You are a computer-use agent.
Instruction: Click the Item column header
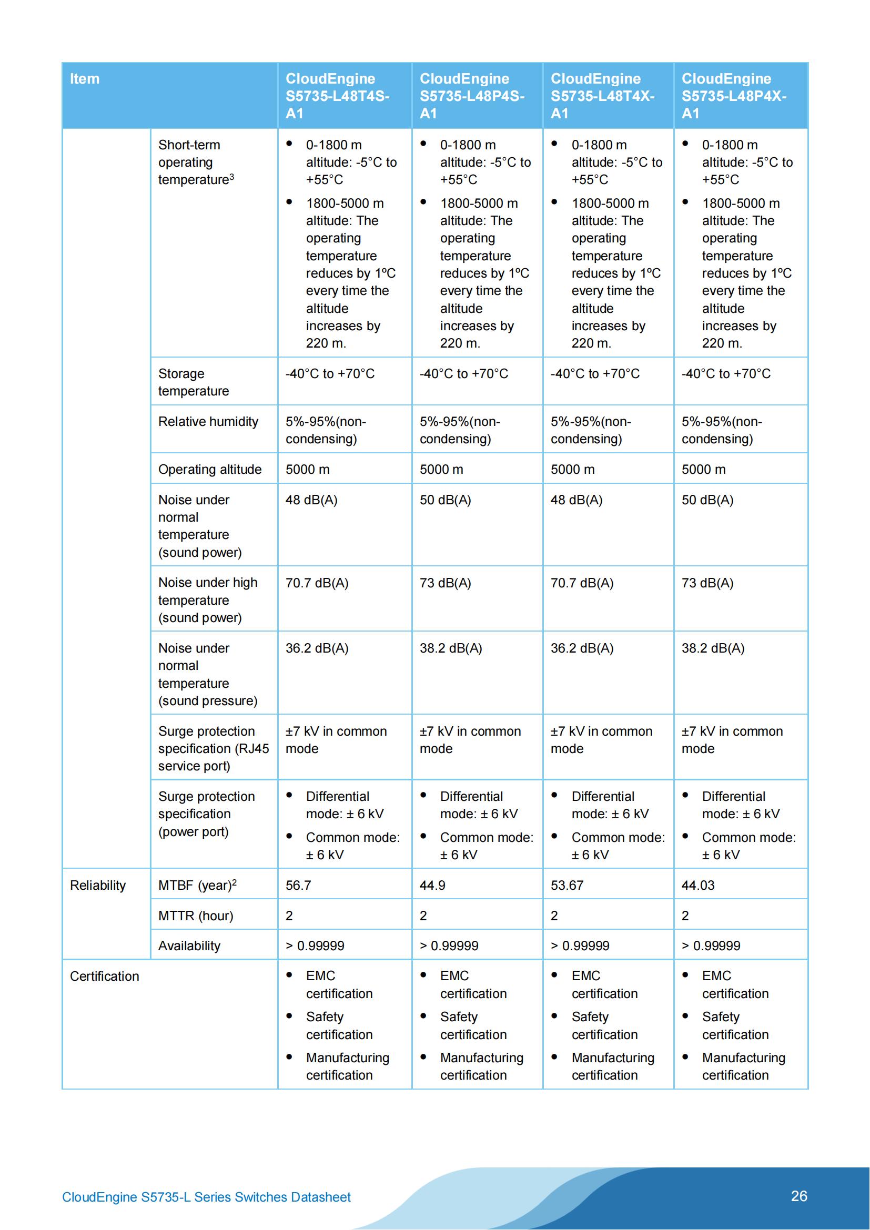[x=85, y=79]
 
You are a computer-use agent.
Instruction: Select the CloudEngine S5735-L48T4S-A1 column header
[x=337, y=96]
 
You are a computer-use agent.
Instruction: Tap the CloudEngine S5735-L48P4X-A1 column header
[x=733, y=96]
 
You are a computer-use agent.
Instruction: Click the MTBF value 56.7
[x=298, y=885]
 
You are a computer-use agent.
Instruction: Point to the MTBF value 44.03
[x=697, y=885]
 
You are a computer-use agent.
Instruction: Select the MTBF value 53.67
[x=567, y=885]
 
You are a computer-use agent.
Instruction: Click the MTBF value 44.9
[x=432, y=885]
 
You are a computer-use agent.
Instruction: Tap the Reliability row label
[x=97, y=885]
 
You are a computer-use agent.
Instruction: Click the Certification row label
[x=105, y=976]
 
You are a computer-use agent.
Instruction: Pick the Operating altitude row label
[x=209, y=469]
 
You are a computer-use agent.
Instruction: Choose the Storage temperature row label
[x=194, y=382]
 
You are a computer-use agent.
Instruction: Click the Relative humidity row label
[x=208, y=422]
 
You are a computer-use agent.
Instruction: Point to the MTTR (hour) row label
[x=196, y=916]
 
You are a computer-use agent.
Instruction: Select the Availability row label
[x=189, y=946]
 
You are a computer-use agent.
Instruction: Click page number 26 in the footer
[x=799, y=1196]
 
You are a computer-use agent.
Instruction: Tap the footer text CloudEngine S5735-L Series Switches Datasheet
[x=206, y=1197]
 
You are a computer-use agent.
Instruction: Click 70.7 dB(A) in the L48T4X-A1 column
[x=582, y=583]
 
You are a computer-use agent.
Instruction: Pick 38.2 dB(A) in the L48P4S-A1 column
[x=451, y=648]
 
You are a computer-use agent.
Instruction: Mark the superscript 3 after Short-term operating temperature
[x=232, y=176]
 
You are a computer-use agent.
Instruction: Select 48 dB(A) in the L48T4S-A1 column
[x=311, y=500]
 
